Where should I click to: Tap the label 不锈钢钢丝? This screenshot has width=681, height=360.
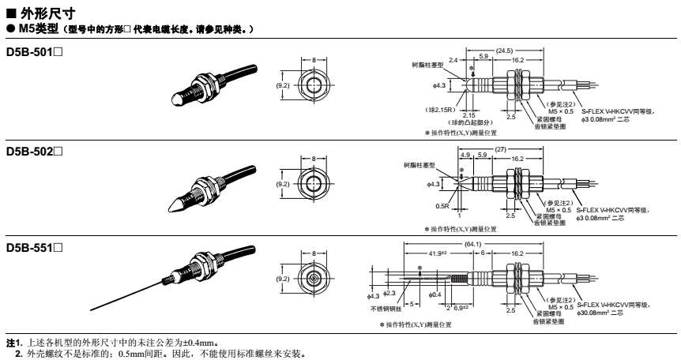coord(386,309)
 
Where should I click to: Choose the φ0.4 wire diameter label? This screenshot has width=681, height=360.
coord(435,294)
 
